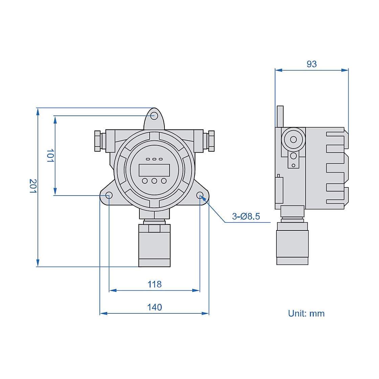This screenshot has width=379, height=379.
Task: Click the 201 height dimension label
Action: [x=32, y=186]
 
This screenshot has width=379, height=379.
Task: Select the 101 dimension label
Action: [x=50, y=155]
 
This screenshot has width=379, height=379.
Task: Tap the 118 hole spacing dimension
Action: [x=155, y=284]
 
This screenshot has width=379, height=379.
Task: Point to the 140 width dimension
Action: [x=155, y=307]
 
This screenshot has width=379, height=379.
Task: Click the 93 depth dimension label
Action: [x=311, y=64]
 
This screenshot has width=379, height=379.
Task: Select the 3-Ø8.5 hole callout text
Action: [x=246, y=217]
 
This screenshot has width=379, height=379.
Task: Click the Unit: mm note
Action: [x=306, y=313]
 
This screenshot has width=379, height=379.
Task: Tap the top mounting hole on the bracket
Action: [x=154, y=115]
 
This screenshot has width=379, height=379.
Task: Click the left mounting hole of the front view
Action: [x=109, y=195]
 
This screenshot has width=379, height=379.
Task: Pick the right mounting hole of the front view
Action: [x=200, y=195]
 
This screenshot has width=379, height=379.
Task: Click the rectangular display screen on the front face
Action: [x=154, y=170]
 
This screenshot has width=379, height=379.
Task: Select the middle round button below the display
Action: [x=154, y=181]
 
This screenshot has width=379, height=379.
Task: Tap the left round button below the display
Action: [x=145, y=181]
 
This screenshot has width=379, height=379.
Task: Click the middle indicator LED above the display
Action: [x=154, y=159]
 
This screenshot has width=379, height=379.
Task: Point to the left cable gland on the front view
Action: [x=98, y=141]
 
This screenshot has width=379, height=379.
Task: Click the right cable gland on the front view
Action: [x=211, y=141]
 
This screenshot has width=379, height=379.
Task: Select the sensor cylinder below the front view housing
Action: [x=154, y=245]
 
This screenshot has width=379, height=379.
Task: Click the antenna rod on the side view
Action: [x=280, y=117]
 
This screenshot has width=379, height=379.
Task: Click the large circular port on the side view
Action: [x=293, y=139]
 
